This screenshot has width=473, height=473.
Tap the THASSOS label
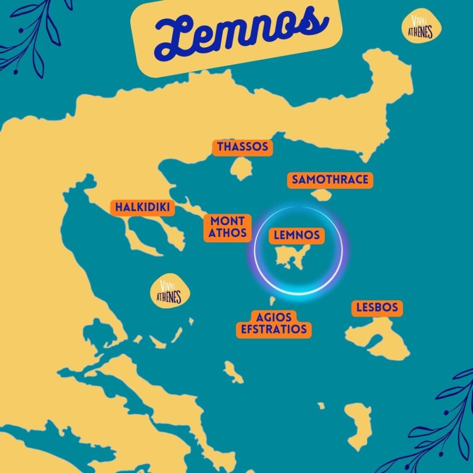pos(243,147)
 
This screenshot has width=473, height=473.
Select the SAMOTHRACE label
pos(330,180)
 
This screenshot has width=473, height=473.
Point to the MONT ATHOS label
pos(228,227)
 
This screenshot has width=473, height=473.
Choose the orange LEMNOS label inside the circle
pos(297,235)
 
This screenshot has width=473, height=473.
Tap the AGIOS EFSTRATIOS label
pos(274,323)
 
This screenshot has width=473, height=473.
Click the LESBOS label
pos(377,308)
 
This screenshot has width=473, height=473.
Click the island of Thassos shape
pos(242,169)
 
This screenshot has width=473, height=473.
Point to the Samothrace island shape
pos(321,195)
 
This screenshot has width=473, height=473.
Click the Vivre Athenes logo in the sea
pos(169,292)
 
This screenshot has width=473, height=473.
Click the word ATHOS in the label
pos(228,233)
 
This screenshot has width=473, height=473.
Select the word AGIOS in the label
pos(274,316)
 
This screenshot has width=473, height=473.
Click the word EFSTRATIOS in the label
pos(274,329)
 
